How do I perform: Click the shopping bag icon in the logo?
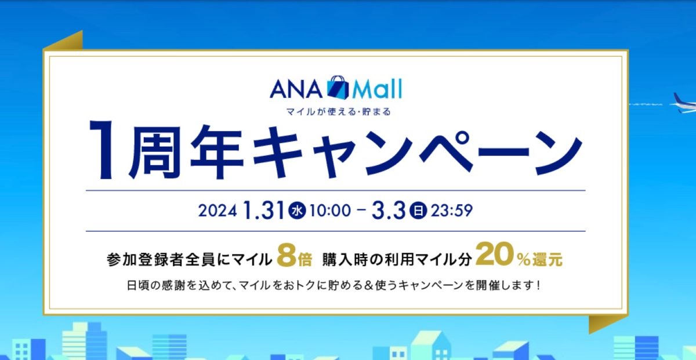[339, 88]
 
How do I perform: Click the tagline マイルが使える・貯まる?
[335, 112]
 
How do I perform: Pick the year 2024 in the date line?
[217, 210]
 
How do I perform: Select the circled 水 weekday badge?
[296, 210]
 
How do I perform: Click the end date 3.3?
[390, 209]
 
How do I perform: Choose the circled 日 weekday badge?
[417, 210]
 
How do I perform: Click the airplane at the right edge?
[684, 102]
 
